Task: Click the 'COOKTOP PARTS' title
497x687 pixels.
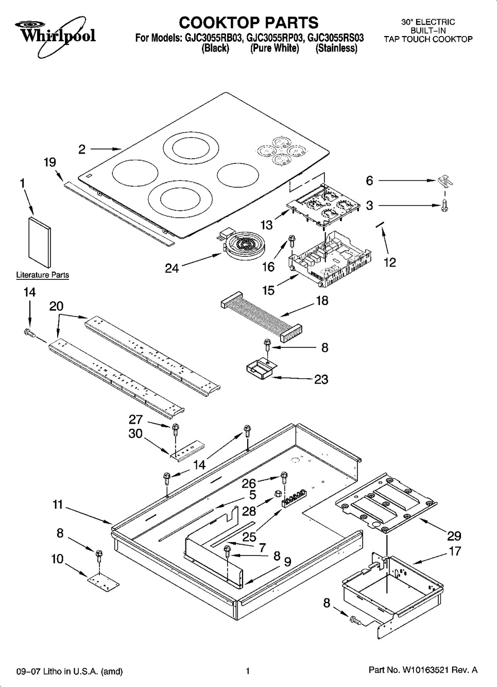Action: tap(248, 22)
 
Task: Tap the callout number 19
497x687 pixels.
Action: tap(49, 163)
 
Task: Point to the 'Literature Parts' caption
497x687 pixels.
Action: tap(43, 275)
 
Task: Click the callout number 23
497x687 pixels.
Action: tap(321, 379)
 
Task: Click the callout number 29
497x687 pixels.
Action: tap(454, 535)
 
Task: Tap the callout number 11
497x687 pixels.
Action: tap(58, 505)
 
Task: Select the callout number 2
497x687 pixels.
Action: tap(82, 149)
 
